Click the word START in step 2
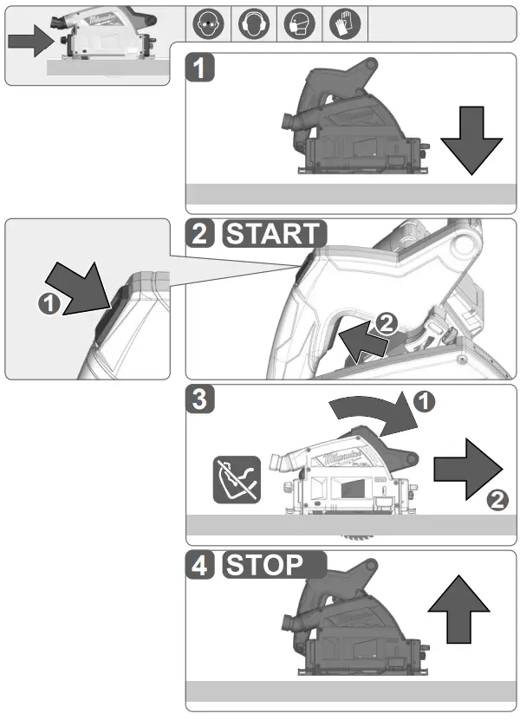click(273, 235)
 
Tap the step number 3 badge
click(200, 400)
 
